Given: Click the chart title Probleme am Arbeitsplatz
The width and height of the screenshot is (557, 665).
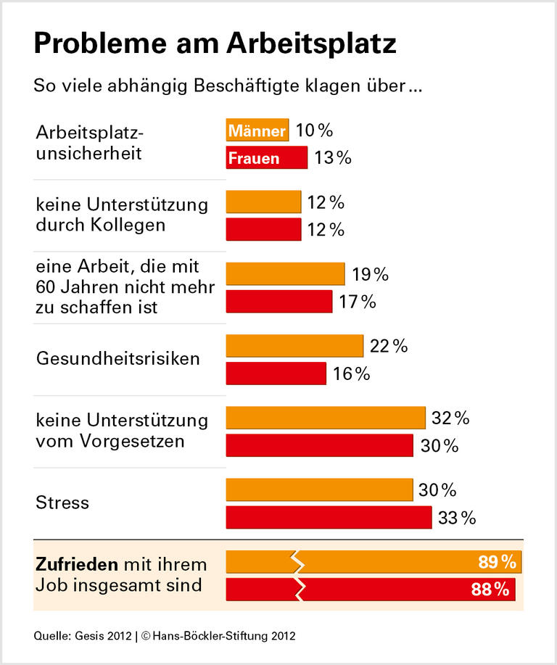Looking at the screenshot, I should (x=215, y=45).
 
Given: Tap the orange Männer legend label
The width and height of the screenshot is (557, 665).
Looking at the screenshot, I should (x=257, y=131).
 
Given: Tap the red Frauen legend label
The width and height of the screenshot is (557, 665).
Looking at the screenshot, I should (x=254, y=158).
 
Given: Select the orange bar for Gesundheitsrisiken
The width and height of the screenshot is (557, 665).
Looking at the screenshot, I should (x=294, y=346).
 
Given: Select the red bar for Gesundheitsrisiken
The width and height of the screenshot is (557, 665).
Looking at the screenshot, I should (x=276, y=373).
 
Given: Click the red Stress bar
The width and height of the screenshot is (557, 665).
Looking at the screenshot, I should (x=329, y=518).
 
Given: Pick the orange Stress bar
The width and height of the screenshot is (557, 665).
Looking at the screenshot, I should (x=319, y=490).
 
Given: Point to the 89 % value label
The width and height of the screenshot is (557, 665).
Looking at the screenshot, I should (x=497, y=562).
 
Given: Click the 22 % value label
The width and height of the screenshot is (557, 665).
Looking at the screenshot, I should (x=389, y=347).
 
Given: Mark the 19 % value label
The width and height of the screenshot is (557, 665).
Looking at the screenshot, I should (x=370, y=275).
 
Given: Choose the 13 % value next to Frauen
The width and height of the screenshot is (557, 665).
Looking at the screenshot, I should (x=332, y=158).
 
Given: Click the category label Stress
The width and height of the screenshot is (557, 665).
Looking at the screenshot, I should (x=62, y=503).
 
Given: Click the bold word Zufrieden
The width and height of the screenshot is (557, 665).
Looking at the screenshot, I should (x=76, y=564).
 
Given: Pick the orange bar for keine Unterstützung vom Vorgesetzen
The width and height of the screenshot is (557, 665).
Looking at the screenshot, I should (x=326, y=418).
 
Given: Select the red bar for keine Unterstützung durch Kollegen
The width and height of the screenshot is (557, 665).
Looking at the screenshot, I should (x=263, y=229).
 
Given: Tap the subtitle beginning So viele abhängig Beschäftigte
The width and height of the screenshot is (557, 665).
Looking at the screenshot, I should (x=227, y=86).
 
